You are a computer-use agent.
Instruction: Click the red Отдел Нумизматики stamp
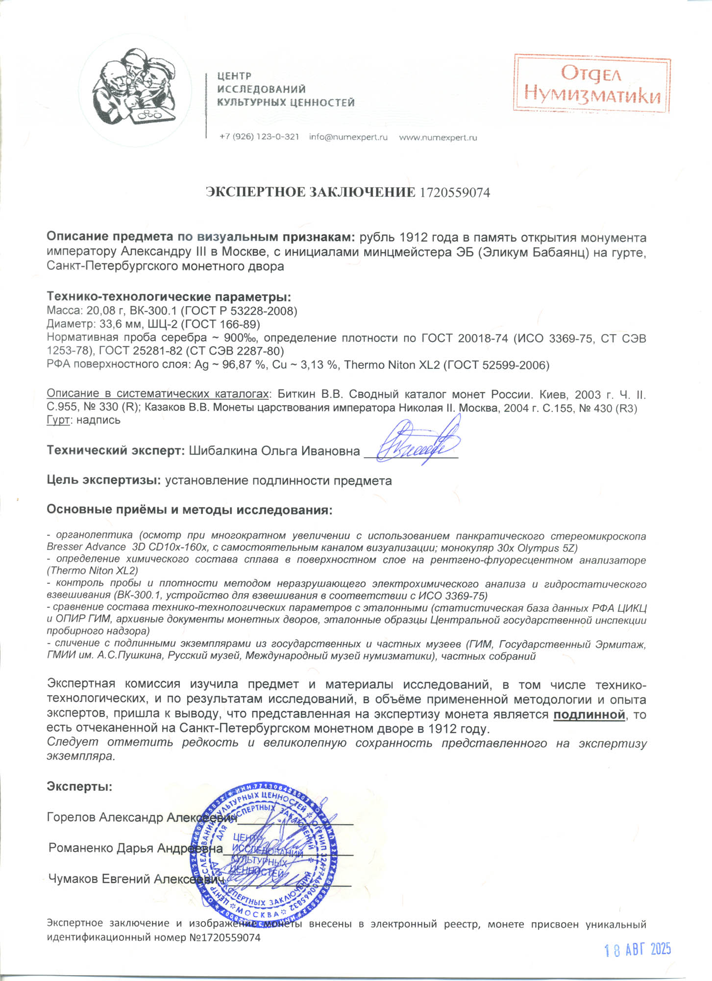click(592, 85)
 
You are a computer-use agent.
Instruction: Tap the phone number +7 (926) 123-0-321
click(259, 137)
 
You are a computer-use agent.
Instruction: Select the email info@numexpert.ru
click(348, 137)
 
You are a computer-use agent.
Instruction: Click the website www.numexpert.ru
click(438, 138)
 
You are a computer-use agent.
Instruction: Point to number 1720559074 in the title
click(455, 192)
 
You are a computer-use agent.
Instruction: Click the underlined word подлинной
click(589, 715)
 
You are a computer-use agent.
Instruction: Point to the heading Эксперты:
click(79, 787)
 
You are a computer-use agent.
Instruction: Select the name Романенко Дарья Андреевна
click(136, 848)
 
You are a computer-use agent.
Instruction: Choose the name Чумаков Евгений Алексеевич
click(136, 878)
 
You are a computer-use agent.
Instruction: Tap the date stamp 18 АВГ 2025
click(638, 950)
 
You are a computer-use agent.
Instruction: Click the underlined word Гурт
click(58, 420)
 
